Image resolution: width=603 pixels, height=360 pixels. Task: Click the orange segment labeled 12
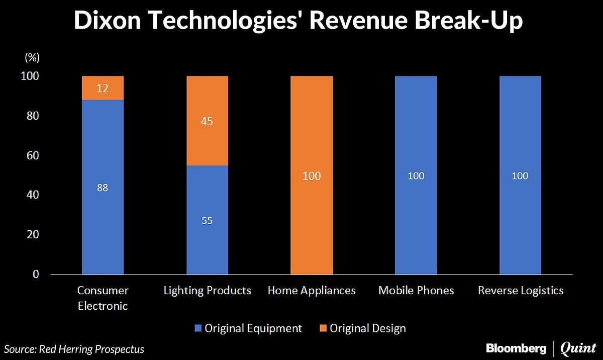point(103,88)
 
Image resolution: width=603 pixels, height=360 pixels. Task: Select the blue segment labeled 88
point(103,187)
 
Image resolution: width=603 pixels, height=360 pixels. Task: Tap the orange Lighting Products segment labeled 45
point(207,121)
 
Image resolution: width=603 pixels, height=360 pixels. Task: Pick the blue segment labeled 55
point(207,220)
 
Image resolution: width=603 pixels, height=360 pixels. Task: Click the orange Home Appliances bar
point(312,175)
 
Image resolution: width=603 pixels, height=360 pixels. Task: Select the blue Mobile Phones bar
point(416,175)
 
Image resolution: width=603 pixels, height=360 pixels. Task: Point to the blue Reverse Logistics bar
point(520,175)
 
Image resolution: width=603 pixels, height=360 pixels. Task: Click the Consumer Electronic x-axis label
point(103,298)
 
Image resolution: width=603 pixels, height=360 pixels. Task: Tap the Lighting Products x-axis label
point(208,291)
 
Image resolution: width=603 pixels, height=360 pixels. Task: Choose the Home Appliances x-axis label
point(312,291)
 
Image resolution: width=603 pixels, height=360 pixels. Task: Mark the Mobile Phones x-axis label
point(416,291)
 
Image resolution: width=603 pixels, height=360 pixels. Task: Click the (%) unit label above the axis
point(32,58)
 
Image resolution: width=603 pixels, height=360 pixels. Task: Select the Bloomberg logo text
point(517,348)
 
